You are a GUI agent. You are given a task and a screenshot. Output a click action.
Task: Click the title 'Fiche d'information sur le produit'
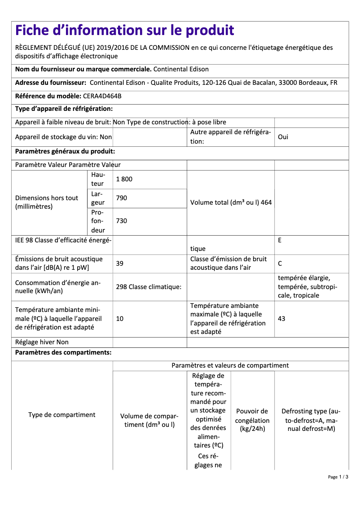pos(124,31)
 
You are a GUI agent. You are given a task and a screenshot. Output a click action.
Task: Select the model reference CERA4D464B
pos(102,96)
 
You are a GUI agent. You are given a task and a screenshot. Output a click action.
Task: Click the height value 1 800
pos(124,179)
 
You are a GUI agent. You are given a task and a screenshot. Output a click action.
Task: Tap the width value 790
pos(121,198)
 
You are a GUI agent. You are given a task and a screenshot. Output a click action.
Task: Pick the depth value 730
pos(121,221)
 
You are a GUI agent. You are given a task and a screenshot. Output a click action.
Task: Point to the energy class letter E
pos(280,240)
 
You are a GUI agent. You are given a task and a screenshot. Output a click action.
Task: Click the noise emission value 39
pos(119,263)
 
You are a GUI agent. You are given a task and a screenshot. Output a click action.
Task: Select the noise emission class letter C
pos(280,263)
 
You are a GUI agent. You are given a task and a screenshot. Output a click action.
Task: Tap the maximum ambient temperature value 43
pos(281,319)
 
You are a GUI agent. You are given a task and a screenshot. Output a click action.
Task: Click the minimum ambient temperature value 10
pos(119,319)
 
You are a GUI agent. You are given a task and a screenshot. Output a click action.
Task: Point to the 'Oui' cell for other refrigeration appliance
pos(283,137)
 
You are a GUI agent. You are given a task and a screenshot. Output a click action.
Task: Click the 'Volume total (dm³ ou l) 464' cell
pos(231,202)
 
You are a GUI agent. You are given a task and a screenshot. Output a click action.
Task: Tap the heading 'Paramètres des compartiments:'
pos(63,353)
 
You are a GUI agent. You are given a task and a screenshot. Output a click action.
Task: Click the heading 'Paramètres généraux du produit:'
pos(65,152)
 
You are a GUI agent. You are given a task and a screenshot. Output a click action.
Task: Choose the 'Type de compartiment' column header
pos(62,415)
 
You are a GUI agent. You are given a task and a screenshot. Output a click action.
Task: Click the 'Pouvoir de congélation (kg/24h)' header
pos(252,420)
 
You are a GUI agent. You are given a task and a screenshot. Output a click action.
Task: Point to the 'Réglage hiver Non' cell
pos(42,342)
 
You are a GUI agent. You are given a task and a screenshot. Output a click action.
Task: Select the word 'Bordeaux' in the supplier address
pos(311,83)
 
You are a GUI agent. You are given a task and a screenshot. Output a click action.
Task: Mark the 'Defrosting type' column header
pos(311,420)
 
